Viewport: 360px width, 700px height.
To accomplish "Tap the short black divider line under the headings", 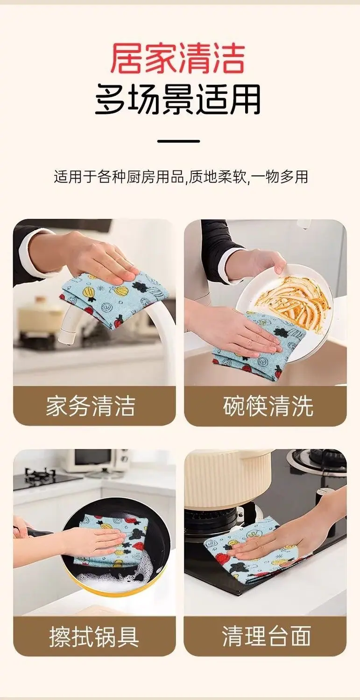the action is tap(178, 141).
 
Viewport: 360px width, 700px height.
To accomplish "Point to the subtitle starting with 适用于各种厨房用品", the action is tap(181, 177).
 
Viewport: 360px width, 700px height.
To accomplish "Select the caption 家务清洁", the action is tap(91, 406).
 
